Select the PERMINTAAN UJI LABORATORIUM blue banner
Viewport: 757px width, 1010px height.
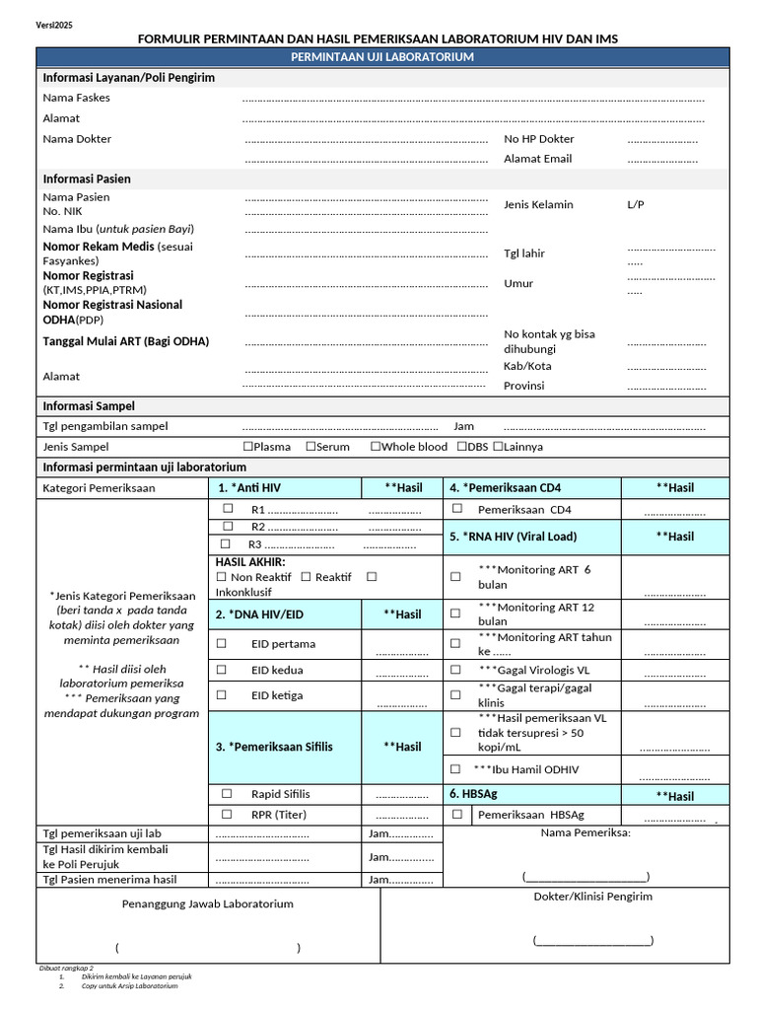coord(382,57)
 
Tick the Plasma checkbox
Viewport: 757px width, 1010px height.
coord(247,446)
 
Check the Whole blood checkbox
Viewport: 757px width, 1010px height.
coord(375,446)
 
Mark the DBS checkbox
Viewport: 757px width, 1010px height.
coord(461,446)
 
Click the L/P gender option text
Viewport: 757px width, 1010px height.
coord(635,204)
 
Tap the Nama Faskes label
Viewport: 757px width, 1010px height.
coord(76,98)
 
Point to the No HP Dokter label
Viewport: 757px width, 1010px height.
coord(538,139)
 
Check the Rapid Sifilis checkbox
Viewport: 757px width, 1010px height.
coord(227,793)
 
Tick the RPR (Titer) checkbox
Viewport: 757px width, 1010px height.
coord(227,814)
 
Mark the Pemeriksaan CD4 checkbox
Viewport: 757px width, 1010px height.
coord(457,509)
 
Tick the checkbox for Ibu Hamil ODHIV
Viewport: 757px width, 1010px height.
coord(454,768)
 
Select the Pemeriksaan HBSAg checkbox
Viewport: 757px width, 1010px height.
coord(457,814)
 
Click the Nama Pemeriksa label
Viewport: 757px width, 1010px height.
coord(585,832)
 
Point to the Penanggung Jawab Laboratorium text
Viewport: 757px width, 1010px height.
coord(207,903)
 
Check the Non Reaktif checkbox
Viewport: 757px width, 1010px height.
coord(221,576)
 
